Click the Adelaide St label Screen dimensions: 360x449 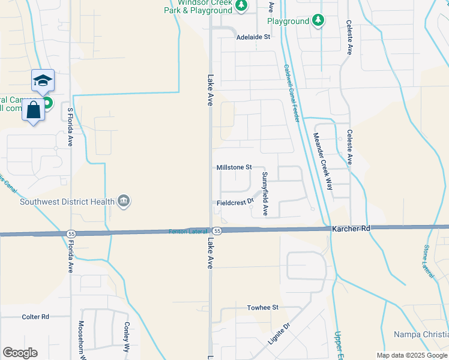[253, 37]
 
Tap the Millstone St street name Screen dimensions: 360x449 [234, 168]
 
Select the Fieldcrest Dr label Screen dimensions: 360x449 [232, 203]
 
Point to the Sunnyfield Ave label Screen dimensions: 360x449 [264, 194]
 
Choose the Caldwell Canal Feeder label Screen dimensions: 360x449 [292, 94]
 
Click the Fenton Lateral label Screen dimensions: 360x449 [188, 231]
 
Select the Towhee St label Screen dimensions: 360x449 [263, 307]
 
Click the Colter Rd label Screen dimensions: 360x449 [35, 317]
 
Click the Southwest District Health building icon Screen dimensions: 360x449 [124, 200]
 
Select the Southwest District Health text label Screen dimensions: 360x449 [67, 202]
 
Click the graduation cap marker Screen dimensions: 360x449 [43, 81]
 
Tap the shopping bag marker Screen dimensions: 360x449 [33, 110]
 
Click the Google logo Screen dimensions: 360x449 [20, 353]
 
